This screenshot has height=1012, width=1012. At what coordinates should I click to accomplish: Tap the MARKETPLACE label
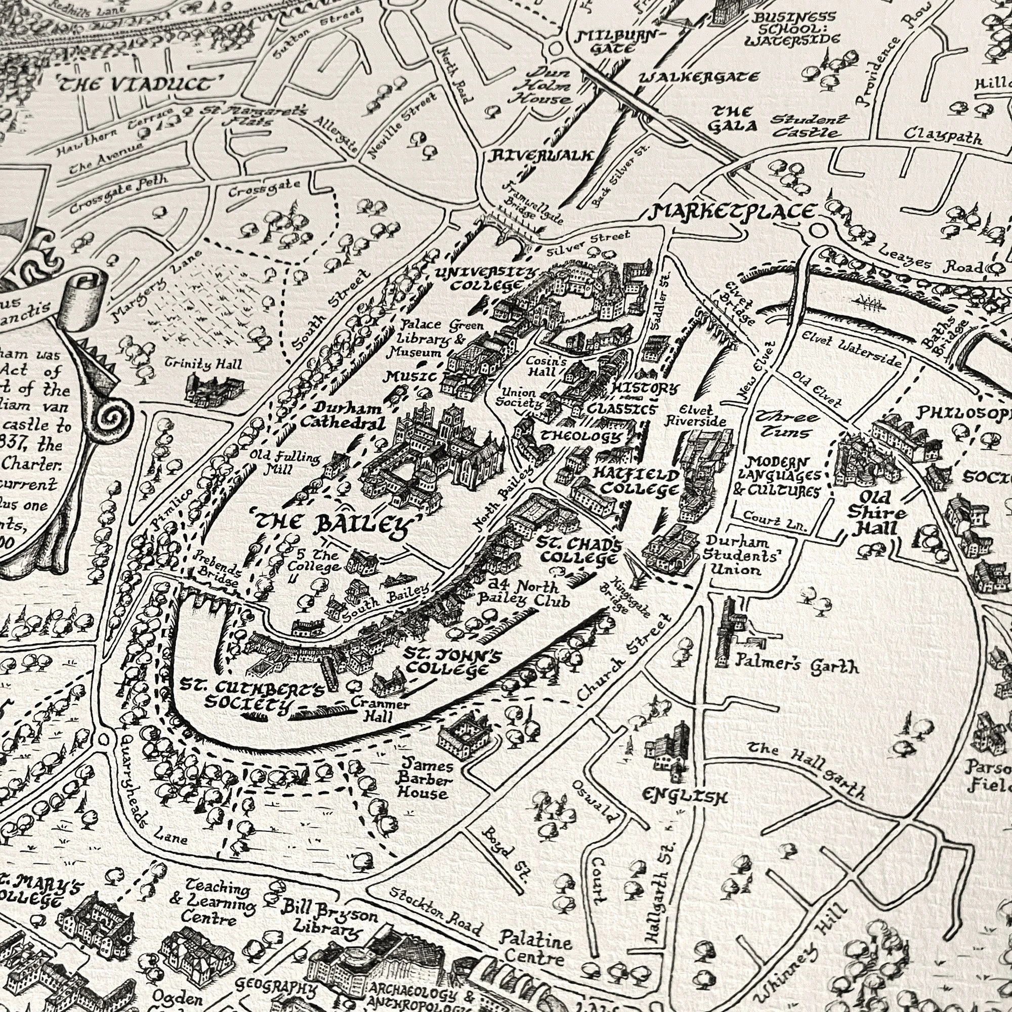(733, 212)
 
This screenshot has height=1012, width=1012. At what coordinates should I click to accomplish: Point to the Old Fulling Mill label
(284, 461)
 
